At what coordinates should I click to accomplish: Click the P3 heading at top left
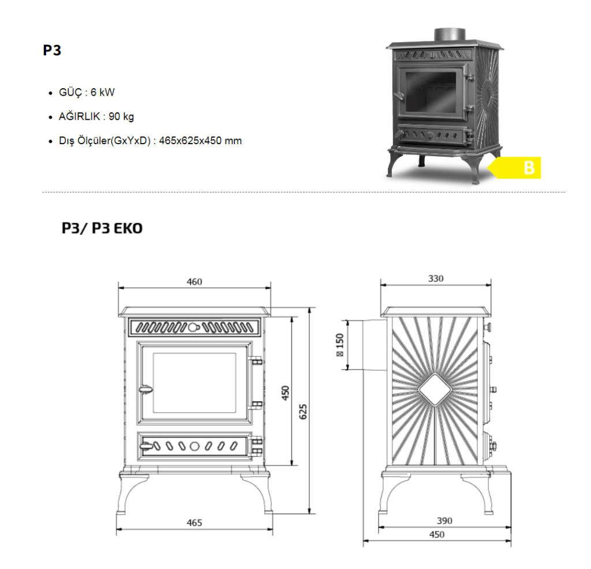tap(52, 50)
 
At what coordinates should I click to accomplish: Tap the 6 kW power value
tap(103, 92)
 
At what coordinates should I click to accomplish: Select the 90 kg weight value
tap(121, 116)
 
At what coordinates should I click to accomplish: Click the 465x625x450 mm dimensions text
tap(200, 141)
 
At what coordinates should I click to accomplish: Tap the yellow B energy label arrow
tap(514, 168)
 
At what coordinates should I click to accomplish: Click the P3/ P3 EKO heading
tap(102, 228)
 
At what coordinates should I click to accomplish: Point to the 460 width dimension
tap(194, 282)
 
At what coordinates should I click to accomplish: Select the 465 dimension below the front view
tap(194, 523)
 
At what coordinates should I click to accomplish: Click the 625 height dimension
tap(302, 412)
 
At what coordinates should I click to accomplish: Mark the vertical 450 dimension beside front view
tap(285, 393)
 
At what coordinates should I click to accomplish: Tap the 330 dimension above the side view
tap(436, 278)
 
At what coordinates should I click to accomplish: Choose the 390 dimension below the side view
tap(444, 521)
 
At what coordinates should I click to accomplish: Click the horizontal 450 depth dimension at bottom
tap(437, 534)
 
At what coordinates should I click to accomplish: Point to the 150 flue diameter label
tap(340, 345)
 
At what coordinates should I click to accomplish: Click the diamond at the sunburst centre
tap(435, 390)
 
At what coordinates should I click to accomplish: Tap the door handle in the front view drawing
tap(145, 390)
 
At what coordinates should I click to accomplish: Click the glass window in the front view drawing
tap(194, 383)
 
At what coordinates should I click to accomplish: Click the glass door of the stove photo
tap(431, 92)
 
